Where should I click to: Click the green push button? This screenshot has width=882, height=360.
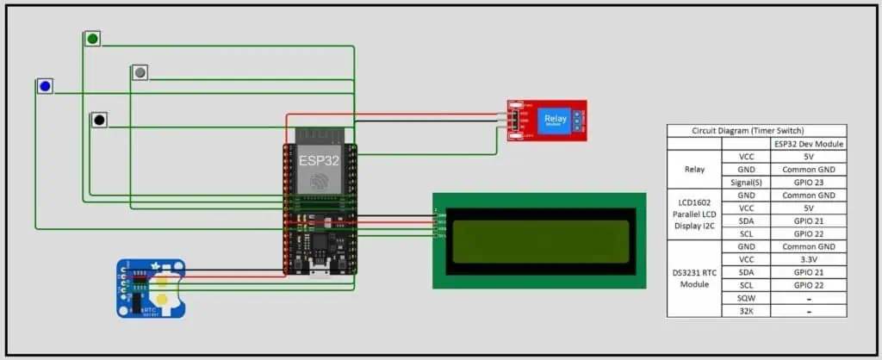coord(92,39)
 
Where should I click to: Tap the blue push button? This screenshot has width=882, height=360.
coord(44,86)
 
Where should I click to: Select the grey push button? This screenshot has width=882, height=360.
coord(140,72)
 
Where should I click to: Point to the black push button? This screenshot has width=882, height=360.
coord(99,120)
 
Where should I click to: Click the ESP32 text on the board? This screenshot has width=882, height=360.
coord(320,160)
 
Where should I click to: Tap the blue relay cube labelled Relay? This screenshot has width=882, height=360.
coord(551,120)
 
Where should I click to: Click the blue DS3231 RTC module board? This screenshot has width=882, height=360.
coord(151,288)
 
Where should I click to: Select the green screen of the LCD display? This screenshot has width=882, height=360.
coord(538,241)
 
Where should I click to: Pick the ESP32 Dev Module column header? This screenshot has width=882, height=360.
coord(808,144)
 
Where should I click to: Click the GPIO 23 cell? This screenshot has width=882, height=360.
coord(808,183)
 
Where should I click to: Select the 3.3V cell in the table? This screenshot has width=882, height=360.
coord(808,259)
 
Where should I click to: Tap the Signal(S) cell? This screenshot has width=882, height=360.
coord(747,183)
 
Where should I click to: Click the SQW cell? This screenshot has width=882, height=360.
coord(747,298)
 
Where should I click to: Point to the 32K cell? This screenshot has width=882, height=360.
coord(747,311)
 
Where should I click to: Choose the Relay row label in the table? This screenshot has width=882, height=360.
coord(694,170)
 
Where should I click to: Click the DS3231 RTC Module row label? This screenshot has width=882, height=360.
coord(694,278)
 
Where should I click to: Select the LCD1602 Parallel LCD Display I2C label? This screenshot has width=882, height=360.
coord(694,214)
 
